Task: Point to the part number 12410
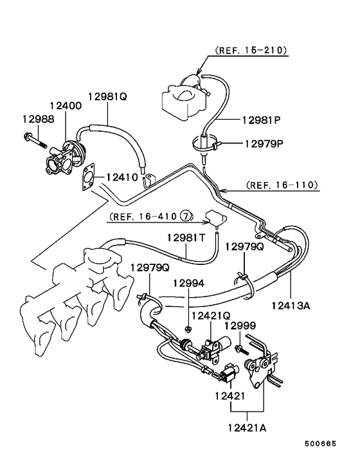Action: point(122,176)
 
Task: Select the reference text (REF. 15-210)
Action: point(251,50)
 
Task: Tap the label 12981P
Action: point(262,120)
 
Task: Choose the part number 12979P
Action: point(264,143)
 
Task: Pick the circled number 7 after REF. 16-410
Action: point(185,215)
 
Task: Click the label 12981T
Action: point(186,237)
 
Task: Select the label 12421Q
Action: point(210,316)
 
